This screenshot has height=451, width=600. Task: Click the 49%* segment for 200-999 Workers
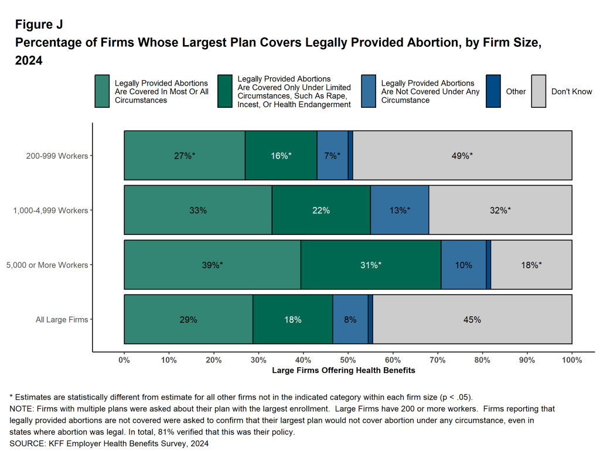(462, 155)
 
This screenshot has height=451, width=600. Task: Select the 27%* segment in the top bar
(185, 155)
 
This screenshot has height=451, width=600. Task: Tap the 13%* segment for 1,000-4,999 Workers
(400, 210)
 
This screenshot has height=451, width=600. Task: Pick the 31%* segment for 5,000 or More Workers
(370, 265)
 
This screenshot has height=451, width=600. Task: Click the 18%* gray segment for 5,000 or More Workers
(531, 265)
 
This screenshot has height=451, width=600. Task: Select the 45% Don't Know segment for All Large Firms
(472, 319)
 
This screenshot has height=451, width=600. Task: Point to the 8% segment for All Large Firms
(350, 319)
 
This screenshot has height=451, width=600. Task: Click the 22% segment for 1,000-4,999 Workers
(321, 210)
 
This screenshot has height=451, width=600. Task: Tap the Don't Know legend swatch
(538, 91)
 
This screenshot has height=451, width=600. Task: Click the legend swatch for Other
(493, 91)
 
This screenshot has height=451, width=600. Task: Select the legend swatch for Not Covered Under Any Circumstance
(369, 91)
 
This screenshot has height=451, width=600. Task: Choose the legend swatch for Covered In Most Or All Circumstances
(102, 91)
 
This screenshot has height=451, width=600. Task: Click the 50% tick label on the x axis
(348, 360)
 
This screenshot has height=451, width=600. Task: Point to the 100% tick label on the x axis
(571, 360)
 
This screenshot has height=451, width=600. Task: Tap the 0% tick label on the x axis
(124, 360)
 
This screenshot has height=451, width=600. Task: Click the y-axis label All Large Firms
(62, 320)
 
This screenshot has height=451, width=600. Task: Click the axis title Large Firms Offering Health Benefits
(343, 371)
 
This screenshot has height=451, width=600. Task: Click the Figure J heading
(39, 25)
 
